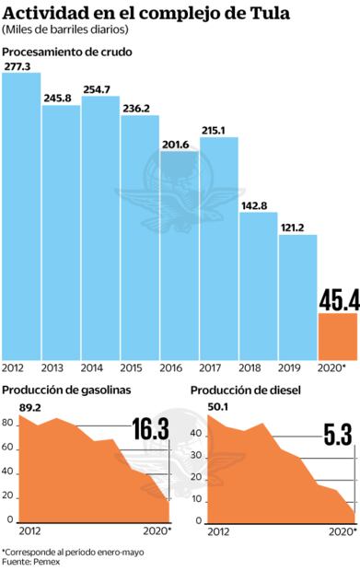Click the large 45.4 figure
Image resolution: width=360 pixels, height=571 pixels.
tap(338, 299)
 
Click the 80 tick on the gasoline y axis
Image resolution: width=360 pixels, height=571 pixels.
tap(8, 424)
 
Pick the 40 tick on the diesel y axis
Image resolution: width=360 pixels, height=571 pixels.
tap(197, 431)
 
